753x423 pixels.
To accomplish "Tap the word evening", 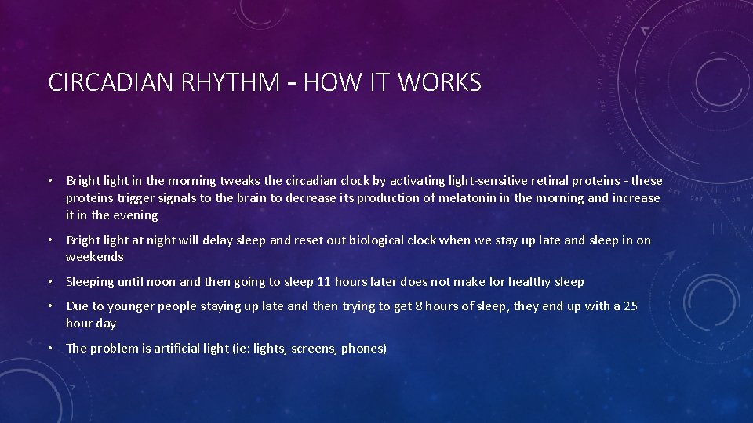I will [135, 215].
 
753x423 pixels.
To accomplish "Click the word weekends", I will [95, 257].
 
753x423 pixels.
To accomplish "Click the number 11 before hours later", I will [323, 282].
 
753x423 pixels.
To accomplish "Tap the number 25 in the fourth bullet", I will [630, 306].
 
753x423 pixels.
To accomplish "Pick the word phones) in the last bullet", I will [364, 349].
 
